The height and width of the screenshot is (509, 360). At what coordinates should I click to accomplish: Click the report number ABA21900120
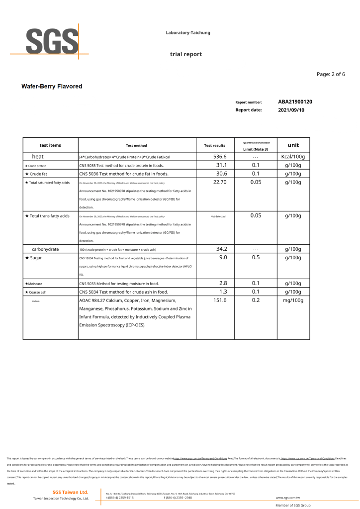click(x=295, y=102)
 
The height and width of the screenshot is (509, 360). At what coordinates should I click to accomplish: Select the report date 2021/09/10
click(x=291, y=110)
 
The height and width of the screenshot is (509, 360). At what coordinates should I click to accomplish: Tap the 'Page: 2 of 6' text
click(x=331, y=74)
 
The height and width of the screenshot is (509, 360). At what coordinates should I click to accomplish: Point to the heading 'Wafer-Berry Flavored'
click(x=52, y=87)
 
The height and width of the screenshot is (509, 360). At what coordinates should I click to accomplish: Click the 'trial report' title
click(x=186, y=54)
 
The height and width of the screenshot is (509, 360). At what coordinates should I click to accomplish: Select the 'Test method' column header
click(x=136, y=146)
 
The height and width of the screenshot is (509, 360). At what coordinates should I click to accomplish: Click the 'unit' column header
click(x=293, y=145)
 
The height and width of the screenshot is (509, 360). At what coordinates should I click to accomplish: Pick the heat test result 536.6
click(x=220, y=157)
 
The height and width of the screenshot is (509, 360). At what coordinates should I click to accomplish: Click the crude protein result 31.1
click(x=221, y=165)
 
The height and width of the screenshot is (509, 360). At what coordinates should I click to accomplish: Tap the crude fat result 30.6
click(x=221, y=174)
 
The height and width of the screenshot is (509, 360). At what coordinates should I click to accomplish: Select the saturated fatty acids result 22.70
click(x=220, y=182)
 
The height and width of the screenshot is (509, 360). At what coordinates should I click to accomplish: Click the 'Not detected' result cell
click(x=218, y=216)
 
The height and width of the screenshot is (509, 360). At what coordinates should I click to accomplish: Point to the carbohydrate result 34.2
click(x=221, y=249)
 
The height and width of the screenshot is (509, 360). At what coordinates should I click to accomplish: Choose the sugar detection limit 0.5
click(x=256, y=257)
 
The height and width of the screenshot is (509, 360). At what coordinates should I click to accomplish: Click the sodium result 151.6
click(x=220, y=301)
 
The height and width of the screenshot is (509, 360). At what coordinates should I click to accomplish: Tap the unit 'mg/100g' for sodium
click(x=293, y=301)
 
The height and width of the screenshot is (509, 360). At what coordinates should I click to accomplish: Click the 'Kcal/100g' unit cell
click(x=293, y=157)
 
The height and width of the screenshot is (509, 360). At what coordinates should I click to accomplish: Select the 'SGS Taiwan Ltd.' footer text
click(x=70, y=492)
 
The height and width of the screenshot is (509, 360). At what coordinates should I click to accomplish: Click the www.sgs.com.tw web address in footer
click(x=287, y=498)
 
